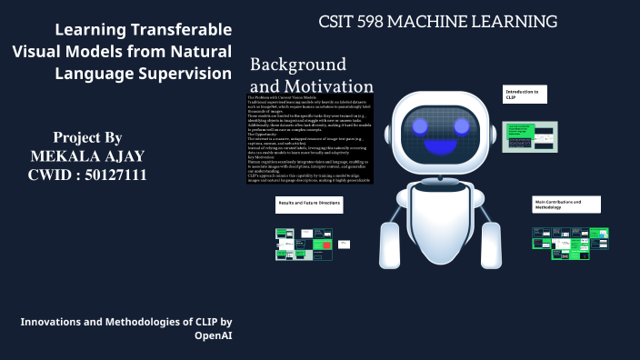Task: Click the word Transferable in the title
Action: point(179,29)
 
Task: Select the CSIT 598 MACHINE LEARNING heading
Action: point(437,21)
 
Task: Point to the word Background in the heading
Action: point(298,65)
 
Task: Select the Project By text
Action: point(87,136)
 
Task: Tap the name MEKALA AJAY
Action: point(87,155)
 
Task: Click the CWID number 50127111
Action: point(112,175)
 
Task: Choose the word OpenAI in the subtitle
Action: point(214,335)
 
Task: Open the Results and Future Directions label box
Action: point(309,205)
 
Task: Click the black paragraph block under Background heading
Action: point(309,138)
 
